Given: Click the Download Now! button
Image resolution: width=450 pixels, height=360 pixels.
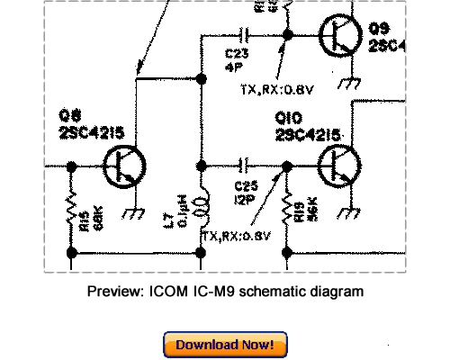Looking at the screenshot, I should [225, 345].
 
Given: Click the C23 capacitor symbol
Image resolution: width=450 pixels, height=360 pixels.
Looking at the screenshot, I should [240, 36].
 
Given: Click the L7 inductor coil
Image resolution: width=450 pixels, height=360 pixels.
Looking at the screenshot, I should [202, 209].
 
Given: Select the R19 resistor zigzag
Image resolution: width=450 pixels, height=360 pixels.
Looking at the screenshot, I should [287, 213].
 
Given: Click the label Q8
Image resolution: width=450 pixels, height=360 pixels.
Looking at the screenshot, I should [68, 118].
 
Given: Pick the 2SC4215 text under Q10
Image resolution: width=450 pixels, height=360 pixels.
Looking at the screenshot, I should [307, 135].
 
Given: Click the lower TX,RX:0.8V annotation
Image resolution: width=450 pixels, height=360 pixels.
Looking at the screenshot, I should [236, 237].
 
